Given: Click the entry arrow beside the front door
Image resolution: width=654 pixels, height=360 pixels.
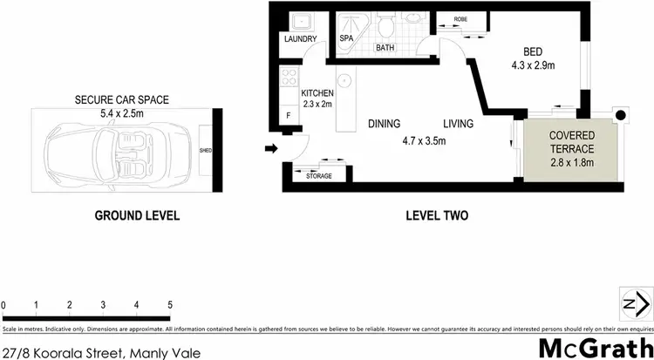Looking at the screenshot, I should (x=271, y=148).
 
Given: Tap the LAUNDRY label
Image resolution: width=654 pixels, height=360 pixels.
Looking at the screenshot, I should (x=299, y=39).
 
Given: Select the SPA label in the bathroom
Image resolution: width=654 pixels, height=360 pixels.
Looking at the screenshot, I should (x=345, y=39).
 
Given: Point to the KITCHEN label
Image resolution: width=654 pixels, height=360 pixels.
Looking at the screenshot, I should (x=317, y=93).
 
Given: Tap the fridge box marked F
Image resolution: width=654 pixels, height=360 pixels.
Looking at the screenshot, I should (x=289, y=115).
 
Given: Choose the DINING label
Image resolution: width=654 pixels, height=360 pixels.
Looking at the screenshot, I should (x=385, y=124).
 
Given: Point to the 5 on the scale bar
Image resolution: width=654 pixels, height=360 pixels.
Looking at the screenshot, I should (x=170, y=305).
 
